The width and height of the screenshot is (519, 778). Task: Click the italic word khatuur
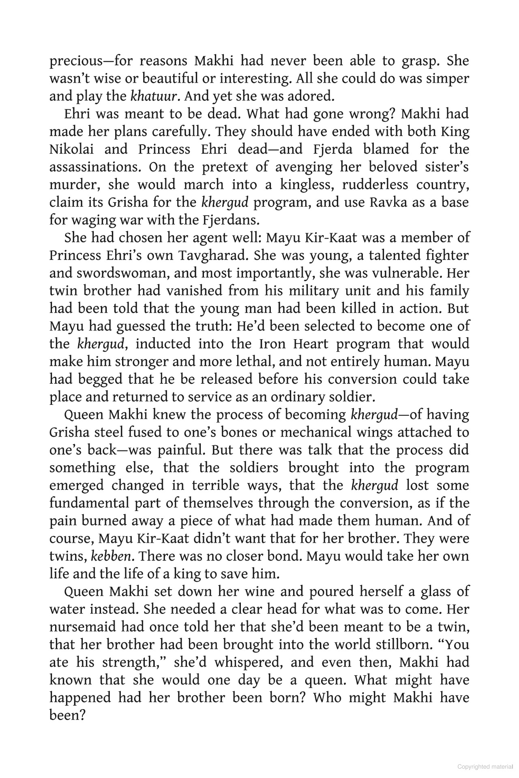point(154,96)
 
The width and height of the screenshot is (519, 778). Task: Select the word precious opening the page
point(75,61)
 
